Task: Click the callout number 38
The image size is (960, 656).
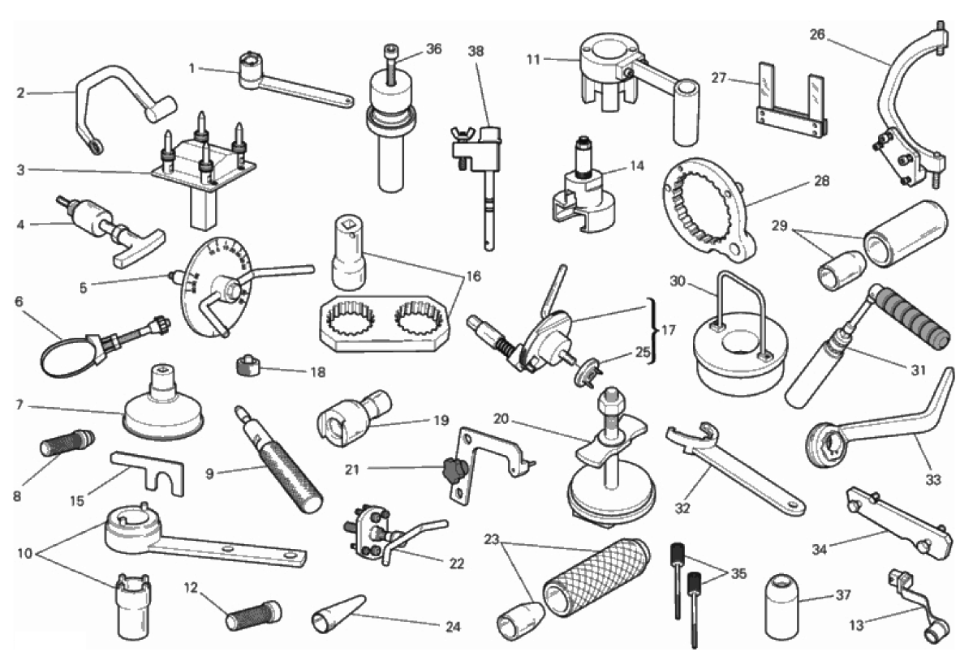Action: click(476, 51)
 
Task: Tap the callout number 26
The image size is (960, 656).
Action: click(817, 34)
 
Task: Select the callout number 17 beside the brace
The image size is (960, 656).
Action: click(669, 330)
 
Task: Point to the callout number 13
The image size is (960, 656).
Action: click(856, 625)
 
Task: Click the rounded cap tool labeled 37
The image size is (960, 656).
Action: click(781, 606)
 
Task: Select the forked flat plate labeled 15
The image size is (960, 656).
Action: click(147, 471)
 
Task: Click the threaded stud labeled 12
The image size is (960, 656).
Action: click(254, 615)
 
